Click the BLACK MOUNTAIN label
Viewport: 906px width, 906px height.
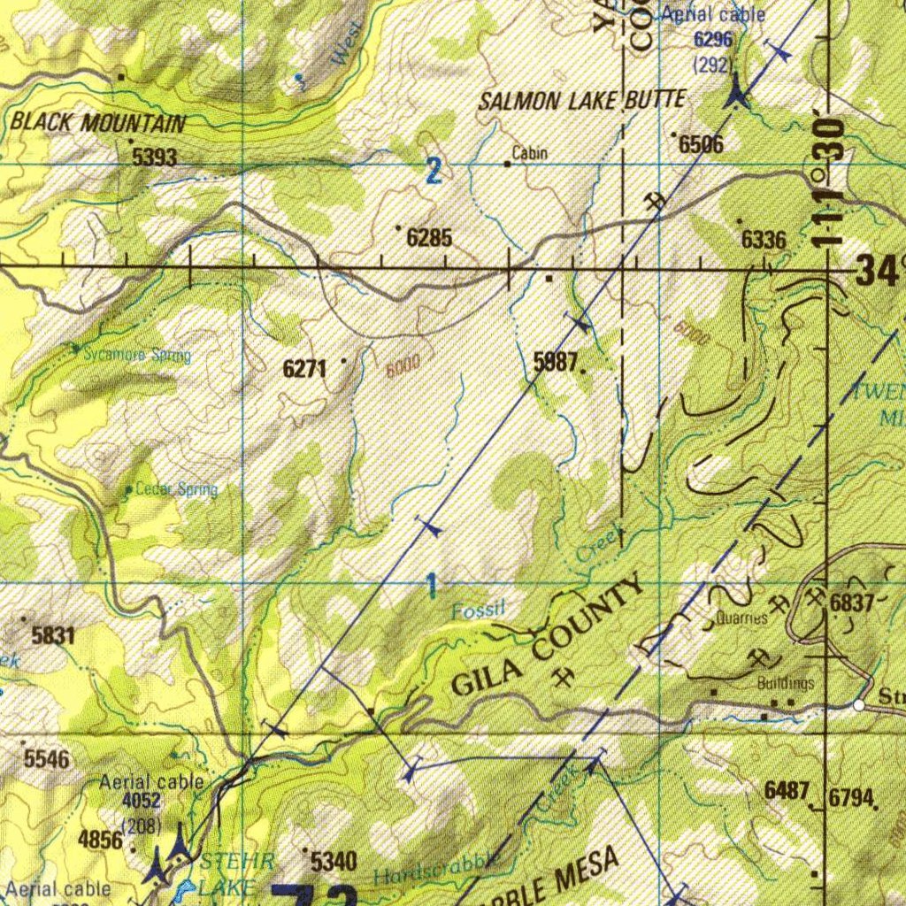point(98,123)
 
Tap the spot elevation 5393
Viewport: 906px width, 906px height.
point(155,158)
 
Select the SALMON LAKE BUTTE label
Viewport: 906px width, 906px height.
point(581,100)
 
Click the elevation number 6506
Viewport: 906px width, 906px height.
point(701,144)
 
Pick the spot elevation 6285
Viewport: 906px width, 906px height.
point(429,238)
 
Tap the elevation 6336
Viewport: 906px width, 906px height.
point(763,240)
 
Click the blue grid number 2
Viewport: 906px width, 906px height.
point(433,171)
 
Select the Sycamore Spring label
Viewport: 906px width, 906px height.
point(137,356)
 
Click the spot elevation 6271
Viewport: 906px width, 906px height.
point(304,369)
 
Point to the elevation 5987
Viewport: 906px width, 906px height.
point(556,360)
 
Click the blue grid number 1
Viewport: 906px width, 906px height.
point(431,585)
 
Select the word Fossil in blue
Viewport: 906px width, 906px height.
point(478,610)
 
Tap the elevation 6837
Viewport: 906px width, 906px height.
point(852,603)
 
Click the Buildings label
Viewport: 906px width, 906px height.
point(785,684)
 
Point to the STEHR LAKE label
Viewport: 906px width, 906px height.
point(226,871)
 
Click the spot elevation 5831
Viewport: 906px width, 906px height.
point(53,635)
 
